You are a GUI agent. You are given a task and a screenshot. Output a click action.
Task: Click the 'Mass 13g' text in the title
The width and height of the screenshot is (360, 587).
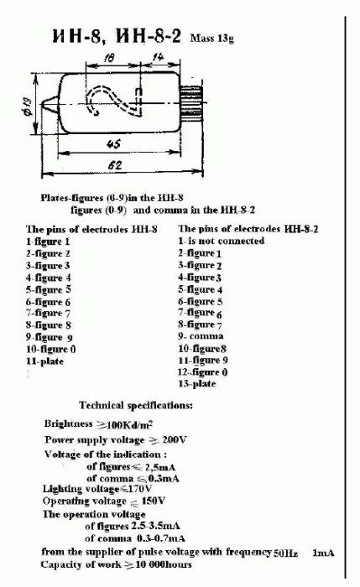click(x=215, y=37)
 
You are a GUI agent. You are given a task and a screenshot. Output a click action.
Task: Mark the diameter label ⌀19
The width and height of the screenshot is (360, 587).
click(x=29, y=106)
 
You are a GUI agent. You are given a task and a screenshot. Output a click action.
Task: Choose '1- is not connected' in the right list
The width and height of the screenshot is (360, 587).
click(x=221, y=241)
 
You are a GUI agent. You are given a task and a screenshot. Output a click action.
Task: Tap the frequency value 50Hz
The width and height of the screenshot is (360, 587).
click(x=286, y=553)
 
